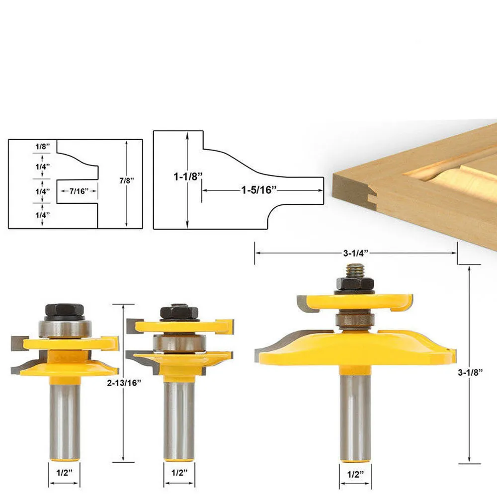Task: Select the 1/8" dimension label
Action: [x=42, y=147]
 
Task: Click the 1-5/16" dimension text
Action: [x=259, y=190]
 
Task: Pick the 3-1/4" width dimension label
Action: [x=356, y=252]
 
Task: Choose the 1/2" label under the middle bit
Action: [x=179, y=473]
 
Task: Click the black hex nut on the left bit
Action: [x=65, y=312]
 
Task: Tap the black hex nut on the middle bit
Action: [x=179, y=313]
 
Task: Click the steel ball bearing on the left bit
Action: [x=65, y=329]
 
